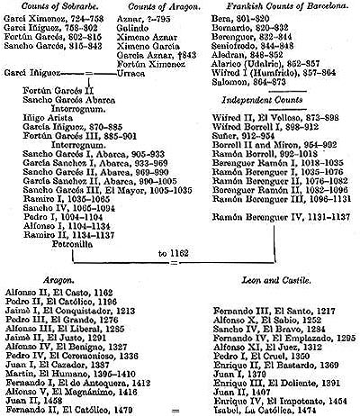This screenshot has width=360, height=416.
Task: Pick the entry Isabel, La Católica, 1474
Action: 262,411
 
